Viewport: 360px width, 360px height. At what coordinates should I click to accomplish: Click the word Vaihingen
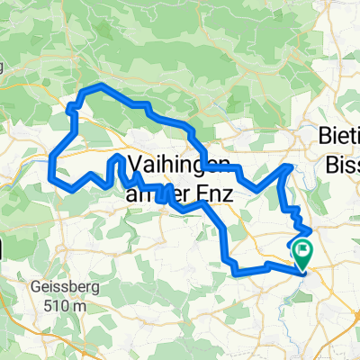tap(180, 165)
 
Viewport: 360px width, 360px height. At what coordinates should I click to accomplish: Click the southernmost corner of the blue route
tap(236, 271)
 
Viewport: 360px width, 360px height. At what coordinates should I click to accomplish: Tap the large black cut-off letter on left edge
tap(4, 251)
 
